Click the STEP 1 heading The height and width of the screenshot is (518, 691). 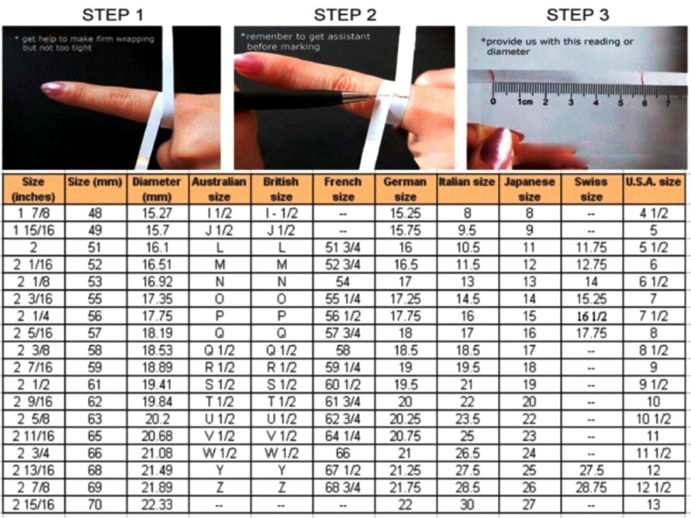[112, 15]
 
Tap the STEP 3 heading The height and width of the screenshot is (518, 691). [578, 15]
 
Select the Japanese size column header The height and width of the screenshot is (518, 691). [529, 189]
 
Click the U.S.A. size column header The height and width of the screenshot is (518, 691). [653, 182]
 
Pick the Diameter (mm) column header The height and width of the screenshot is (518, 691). [156, 189]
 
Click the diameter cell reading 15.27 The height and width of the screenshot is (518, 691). [157, 213]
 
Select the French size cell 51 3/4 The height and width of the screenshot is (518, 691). [342, 247]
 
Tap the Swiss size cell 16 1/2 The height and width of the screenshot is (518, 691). [592, 316]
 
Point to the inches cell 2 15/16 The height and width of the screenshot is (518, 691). [33, 505]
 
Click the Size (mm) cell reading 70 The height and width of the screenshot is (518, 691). [95, 505]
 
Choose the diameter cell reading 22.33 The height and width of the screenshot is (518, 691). [157, 505]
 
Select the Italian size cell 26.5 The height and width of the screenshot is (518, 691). [467, 453]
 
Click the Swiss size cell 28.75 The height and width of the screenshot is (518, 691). [591, 487]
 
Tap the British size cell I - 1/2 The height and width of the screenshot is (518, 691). [282, 213]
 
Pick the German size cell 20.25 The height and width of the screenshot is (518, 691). [405, 419]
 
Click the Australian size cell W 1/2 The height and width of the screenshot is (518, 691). [219, 453]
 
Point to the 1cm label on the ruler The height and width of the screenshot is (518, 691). [525, 102]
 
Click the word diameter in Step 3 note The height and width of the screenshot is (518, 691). [508, 51]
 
